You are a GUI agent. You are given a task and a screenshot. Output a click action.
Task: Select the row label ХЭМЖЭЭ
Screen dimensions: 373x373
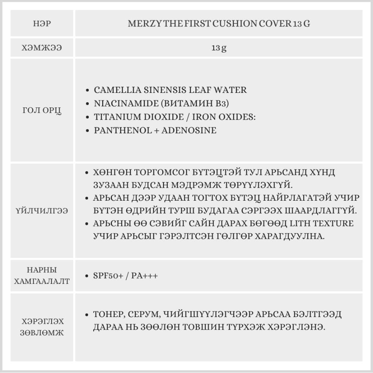click(42, 48)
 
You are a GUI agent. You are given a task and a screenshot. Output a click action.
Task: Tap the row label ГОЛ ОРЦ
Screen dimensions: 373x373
click(42, 110)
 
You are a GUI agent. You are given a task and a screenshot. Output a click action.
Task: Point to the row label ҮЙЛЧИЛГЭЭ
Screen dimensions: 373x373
click(42, 211)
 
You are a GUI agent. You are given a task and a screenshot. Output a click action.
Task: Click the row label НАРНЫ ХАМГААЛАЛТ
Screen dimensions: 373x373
click(42, 276)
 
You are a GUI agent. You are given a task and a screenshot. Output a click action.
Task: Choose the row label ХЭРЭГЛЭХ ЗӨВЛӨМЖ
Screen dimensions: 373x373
click(42, 327)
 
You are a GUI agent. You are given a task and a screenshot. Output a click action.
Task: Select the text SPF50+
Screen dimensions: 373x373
click(107, 276)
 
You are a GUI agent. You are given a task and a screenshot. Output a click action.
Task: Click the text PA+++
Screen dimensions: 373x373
click(144, 276)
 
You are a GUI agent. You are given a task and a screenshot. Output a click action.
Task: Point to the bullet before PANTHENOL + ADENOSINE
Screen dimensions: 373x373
click(87, 131)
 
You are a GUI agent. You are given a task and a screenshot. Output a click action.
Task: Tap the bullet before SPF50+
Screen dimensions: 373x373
click(87, 276)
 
